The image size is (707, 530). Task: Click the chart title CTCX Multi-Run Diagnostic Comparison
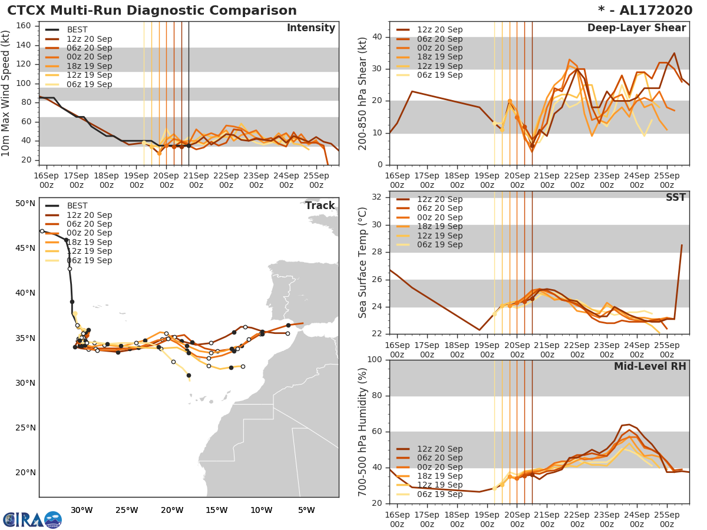click(x=152, y=11)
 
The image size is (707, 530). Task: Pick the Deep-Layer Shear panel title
click(x=636, y=28)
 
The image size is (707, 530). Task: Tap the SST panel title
click(x=675, y=198)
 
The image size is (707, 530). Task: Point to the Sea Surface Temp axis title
click(x=363, y=263)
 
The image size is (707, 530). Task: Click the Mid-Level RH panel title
click(x=650, y=367)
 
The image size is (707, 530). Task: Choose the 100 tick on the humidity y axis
click(x=374, y=360)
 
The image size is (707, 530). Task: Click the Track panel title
click(x=320, y=206)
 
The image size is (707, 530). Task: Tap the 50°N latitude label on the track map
click(x=25, y=204)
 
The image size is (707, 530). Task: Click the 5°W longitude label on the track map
click(x=306, y=510)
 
